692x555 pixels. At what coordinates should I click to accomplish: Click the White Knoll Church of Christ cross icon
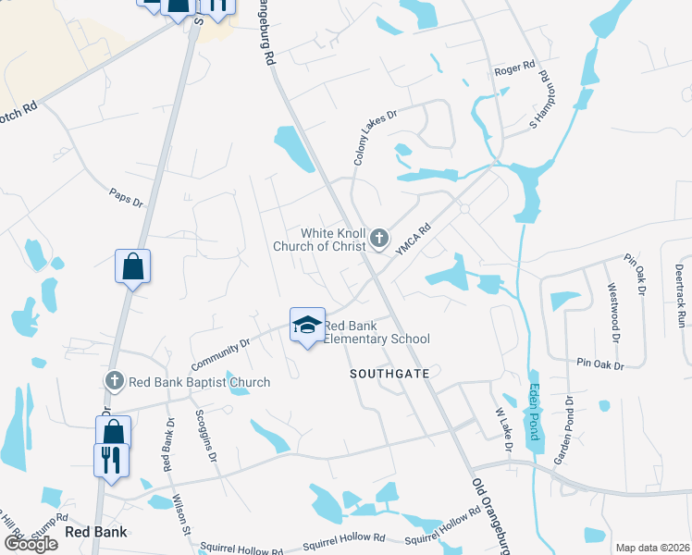pyautogui.click(x=378, y=240)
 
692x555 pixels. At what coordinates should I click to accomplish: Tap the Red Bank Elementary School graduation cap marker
pyautogui.click(x=307, y=325)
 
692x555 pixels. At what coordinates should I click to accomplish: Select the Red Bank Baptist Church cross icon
pyautogui.click(x=114, y=381)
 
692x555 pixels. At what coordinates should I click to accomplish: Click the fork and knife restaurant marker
pyautogui.click(x=111, y=459)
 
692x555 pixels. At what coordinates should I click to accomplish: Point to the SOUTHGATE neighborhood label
pyautogui.click(x=389, y=374)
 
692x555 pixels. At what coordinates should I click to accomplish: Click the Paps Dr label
pyautogui.click(x=126, y=197)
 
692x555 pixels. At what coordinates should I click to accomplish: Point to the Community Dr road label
pyautogui.click(x=220, y=356)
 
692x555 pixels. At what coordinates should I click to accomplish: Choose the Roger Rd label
pyautogui.click(x=515, y=68)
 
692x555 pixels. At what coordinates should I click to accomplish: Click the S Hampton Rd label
pyautogui.click(x=546, y=103)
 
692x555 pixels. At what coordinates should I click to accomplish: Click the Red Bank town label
pyautogui.click(x=96, y=532)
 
